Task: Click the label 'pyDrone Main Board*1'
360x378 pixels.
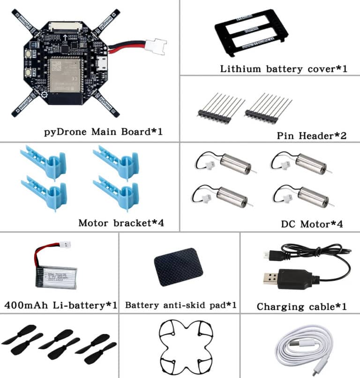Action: point(103,131)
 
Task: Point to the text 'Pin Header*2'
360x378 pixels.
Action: point(311,136)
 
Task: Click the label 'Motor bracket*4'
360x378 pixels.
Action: point(121,222)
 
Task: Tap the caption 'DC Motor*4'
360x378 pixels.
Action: point(312,224)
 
